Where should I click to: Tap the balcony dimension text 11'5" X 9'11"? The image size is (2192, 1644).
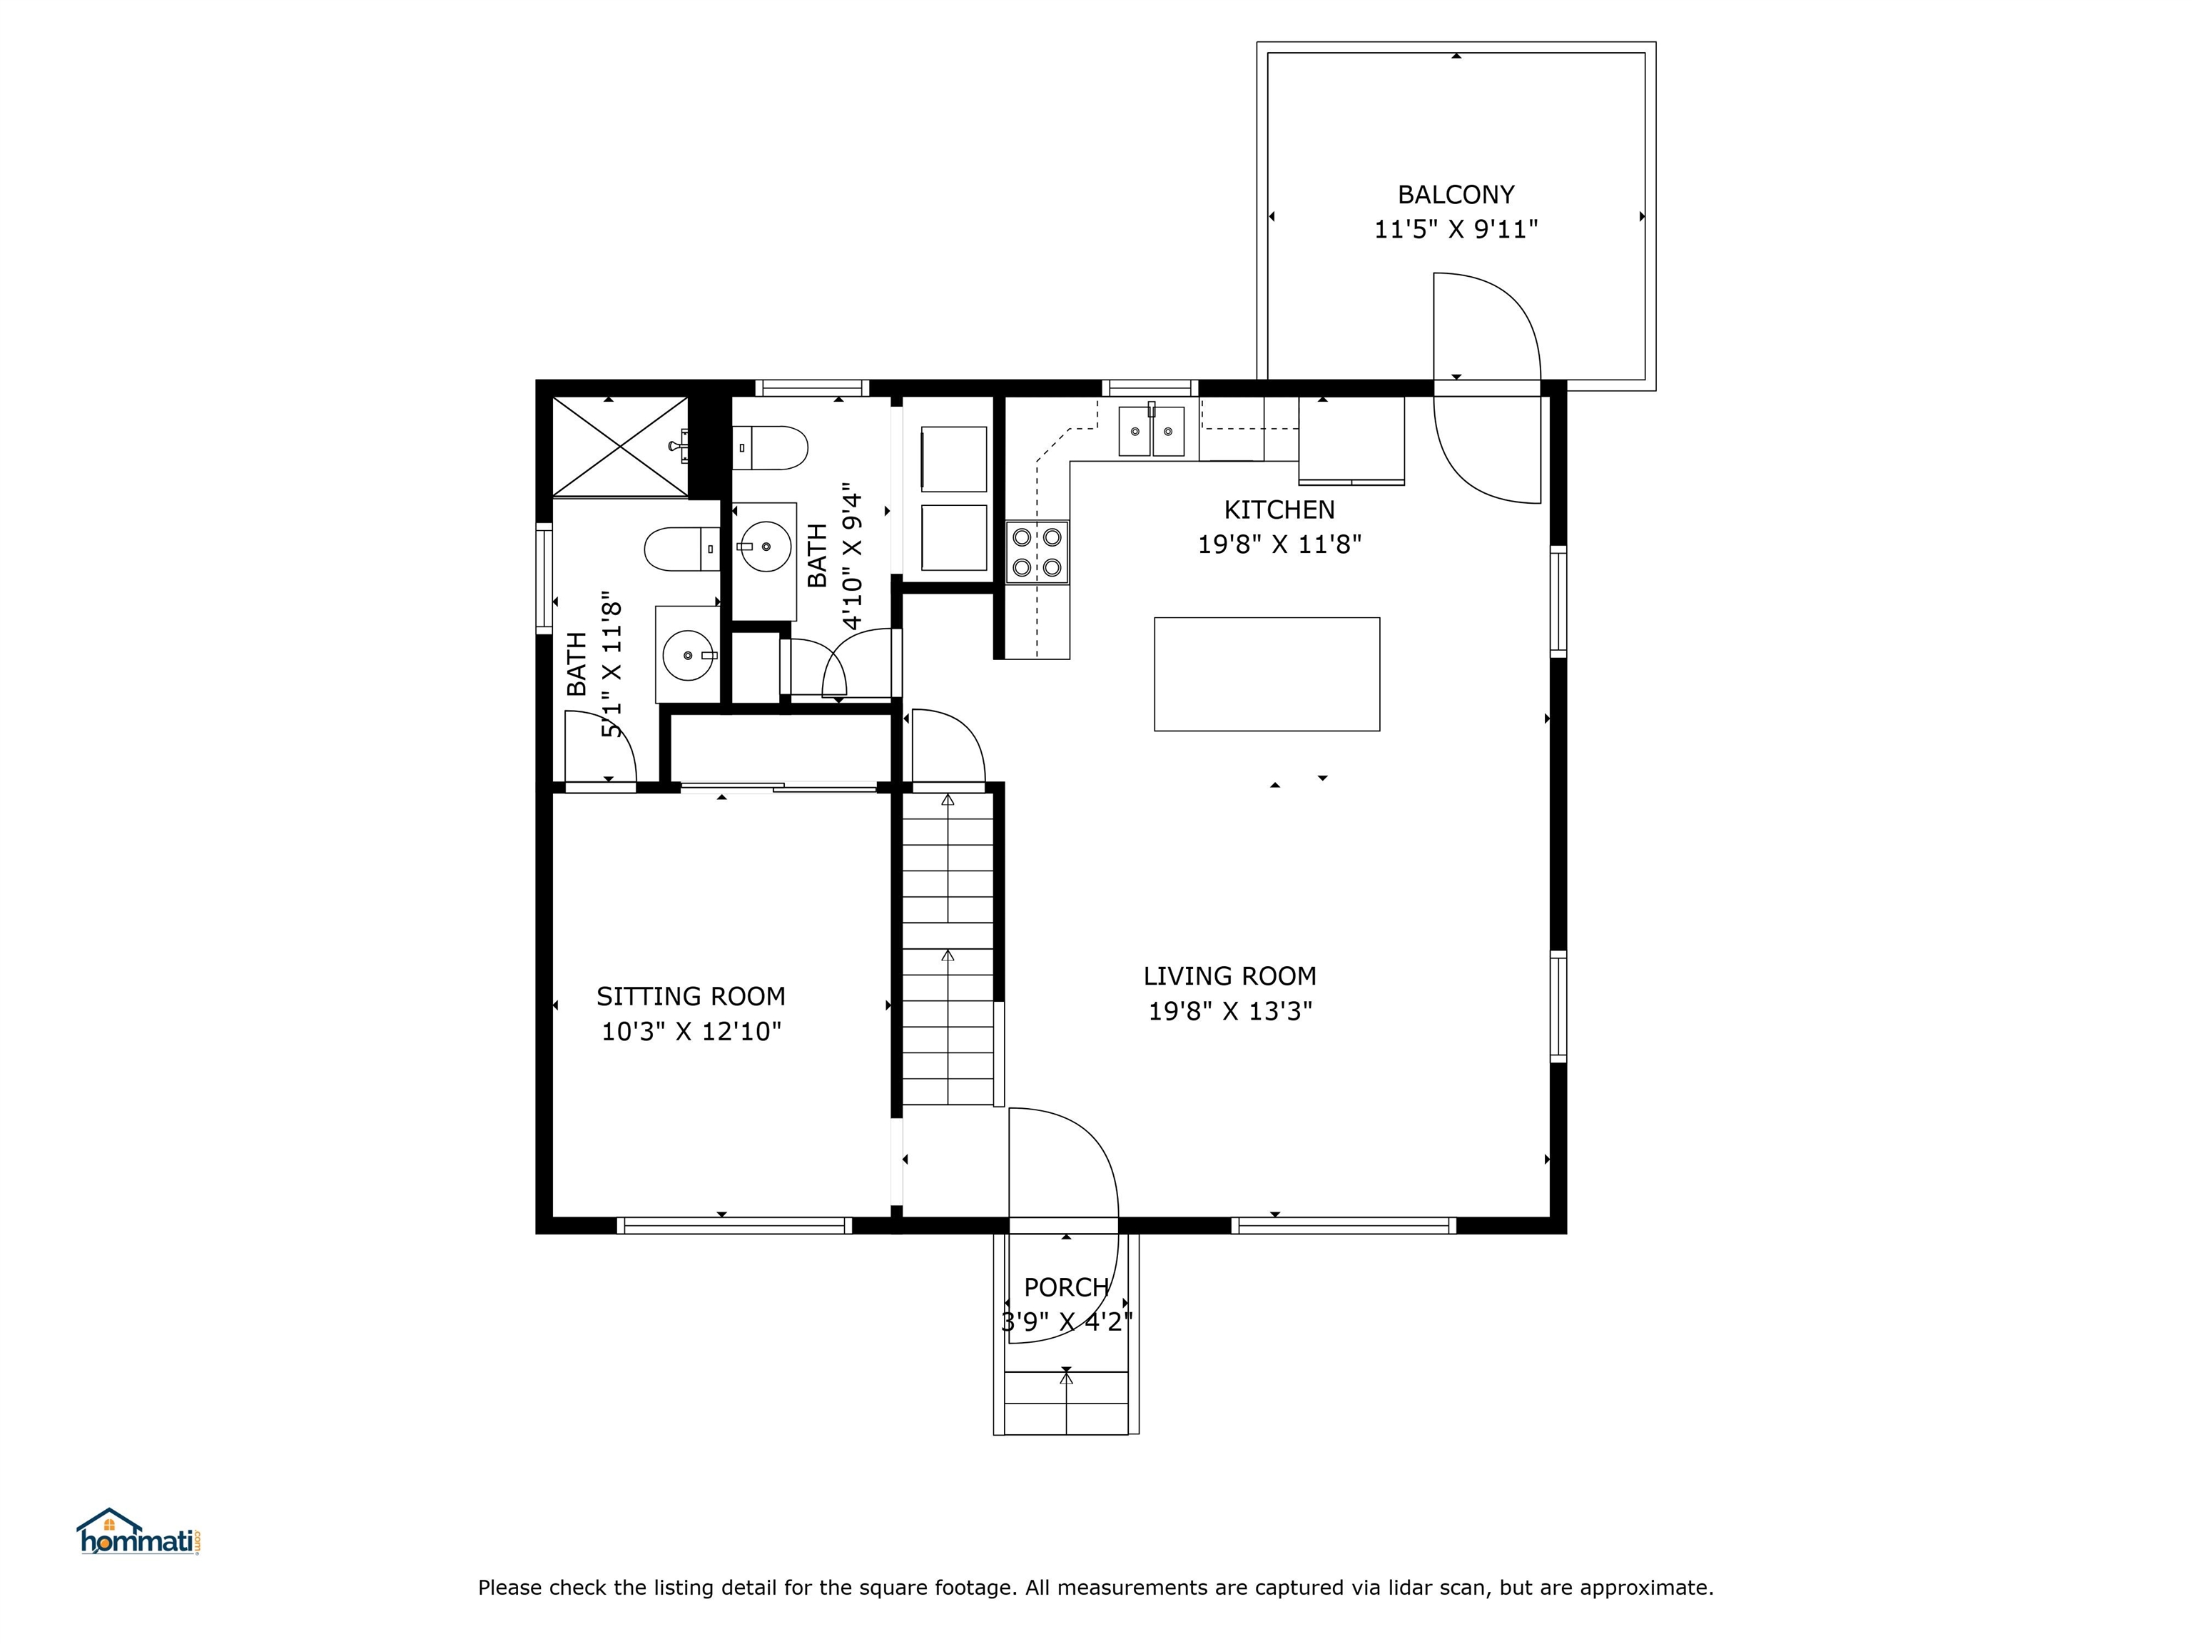[1456, 230]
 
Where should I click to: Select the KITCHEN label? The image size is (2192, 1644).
[1279, 509]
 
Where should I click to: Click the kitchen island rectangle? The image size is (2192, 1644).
[1267, 674]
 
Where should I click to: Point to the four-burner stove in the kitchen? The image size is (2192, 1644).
[1037, 552]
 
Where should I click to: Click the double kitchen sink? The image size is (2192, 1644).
[1152, 431]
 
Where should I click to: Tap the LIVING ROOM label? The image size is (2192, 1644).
[1229, 976]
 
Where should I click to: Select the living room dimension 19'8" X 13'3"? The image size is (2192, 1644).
[1229, 1012]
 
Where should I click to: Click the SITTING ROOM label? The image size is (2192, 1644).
[691, 996]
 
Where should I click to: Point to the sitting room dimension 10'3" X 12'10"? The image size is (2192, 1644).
[691, 1032]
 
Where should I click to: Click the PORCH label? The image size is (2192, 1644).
[1066, 1287]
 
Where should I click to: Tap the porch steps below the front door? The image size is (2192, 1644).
[1066, 1402]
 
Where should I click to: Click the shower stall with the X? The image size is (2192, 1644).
[619, 446]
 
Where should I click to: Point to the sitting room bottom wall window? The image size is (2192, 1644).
[734, 1226]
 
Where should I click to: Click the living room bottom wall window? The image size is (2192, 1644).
[1344, 1226]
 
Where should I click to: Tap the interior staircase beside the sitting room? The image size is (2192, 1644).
[948, 948]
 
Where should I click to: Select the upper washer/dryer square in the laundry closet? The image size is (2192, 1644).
[953, 459]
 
